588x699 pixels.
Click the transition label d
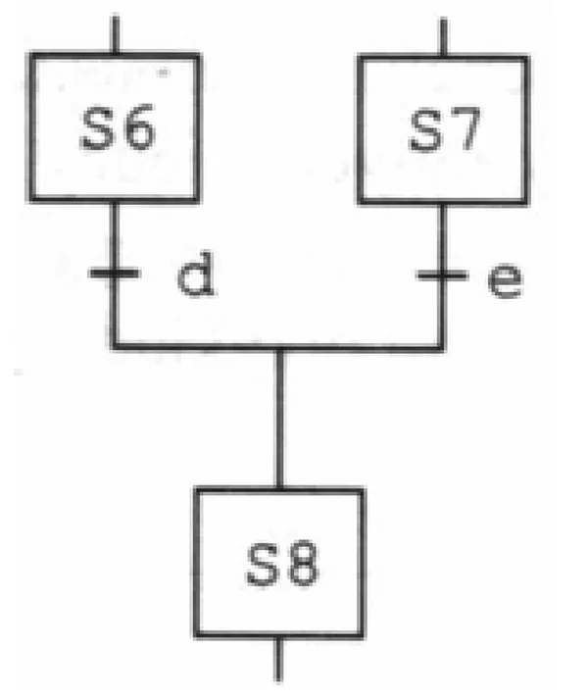click(195, 275)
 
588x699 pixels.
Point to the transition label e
click(505, 280)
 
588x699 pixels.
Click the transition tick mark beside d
click(114, 274)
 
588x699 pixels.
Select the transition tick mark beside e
click(442, 276)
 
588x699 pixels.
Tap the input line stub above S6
click(115, 34)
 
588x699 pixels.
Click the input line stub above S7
click(443, 36)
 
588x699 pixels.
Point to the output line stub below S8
click(278, 660)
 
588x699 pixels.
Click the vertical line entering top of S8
click(279, 419)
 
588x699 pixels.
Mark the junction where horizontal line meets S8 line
click(279, 347)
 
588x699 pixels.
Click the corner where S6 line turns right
click(115, 347)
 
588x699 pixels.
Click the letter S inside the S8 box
click(263, 564)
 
